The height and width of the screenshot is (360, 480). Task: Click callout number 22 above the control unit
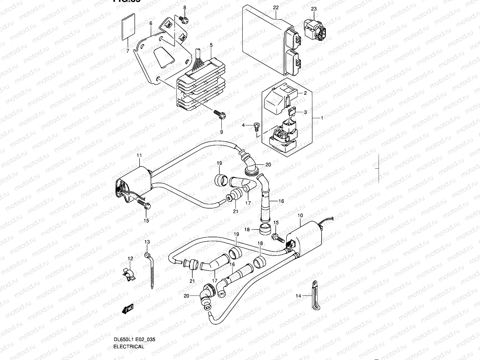[276, 7]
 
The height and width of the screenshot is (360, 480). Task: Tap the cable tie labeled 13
[151, 270]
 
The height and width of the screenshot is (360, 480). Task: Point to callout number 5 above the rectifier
[211, 45]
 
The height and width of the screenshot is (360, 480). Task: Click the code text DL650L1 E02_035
[134, 340]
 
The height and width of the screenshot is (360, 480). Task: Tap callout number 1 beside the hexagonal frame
[322, 118]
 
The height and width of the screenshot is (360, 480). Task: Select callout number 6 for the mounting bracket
[151, 23]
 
